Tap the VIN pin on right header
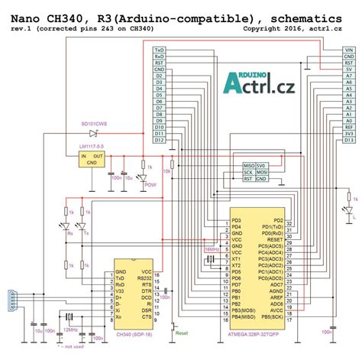pyautogui.click(x=347, y=50)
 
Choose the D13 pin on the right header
pyautogui.click(x=347, y=140)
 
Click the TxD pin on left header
pyautogui.click(x=159, y=50)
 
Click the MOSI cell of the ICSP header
pyautogui.click(x=262, y=172)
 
